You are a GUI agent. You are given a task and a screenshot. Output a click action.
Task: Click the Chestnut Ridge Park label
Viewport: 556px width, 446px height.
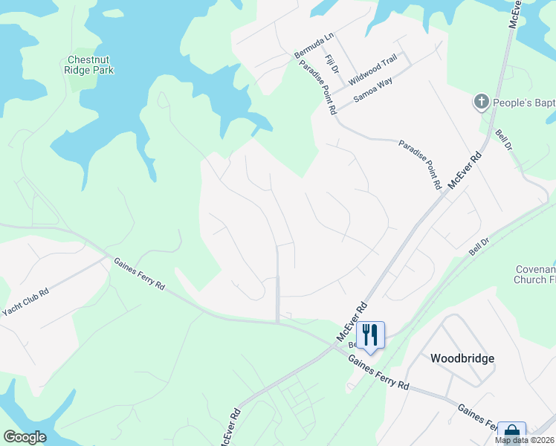point(91,65)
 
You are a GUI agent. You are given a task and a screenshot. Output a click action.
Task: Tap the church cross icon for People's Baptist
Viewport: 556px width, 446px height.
point(482,101)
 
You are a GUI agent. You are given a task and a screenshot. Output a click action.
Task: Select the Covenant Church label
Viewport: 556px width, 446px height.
point(534,274)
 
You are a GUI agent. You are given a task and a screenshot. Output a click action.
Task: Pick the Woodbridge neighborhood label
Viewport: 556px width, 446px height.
point(462,358)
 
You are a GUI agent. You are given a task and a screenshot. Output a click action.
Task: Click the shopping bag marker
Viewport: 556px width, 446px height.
point(511,433)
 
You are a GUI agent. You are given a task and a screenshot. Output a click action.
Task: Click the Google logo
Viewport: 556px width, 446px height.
point(25,437)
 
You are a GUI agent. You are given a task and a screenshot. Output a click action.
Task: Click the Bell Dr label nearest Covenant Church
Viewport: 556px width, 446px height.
point(479,248)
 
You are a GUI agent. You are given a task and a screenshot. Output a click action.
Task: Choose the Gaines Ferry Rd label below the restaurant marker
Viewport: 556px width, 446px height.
point(378,371)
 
